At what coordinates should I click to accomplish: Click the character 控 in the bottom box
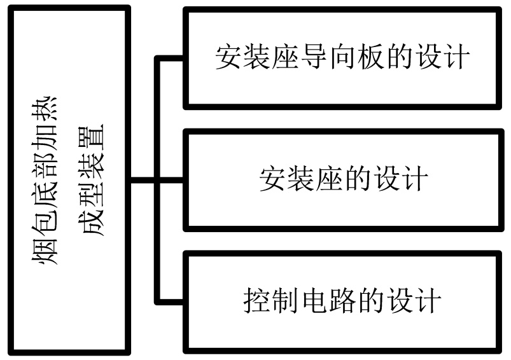pos(257,301)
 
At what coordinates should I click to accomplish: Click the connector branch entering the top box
pos(171,59)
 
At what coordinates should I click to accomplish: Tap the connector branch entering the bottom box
pos(171,300)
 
